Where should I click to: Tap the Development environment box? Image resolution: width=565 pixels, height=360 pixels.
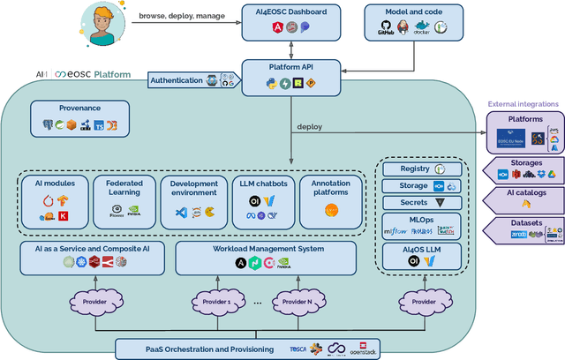click(194, 201)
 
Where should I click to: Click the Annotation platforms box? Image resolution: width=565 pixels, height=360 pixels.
click(331, 201)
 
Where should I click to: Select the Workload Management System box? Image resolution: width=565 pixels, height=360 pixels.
click(266, 257)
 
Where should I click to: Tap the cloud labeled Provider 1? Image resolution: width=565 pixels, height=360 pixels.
click(218, 301)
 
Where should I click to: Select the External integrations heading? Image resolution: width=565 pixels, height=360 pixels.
click(523, 103)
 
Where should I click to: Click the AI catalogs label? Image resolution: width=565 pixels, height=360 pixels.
click(525, 192)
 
